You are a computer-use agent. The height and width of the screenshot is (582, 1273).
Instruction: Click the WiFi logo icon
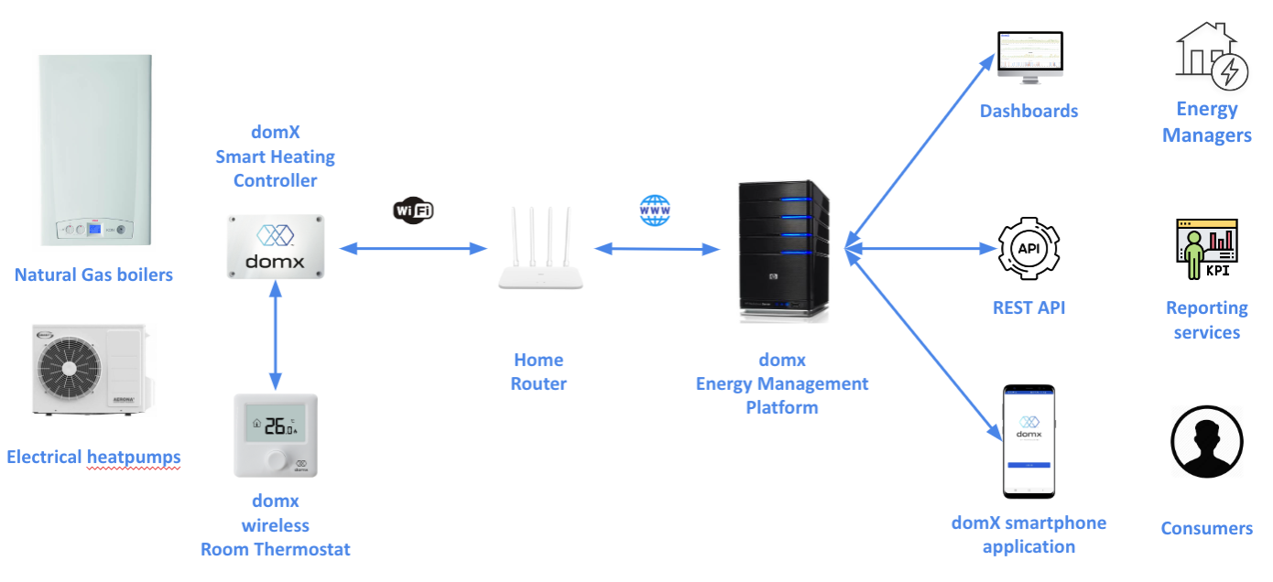click(x=413, y=210)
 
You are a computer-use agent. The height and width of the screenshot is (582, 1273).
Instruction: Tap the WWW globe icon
click(x=655, y=210)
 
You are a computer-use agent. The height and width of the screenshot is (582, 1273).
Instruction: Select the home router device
click(x=539, y=252)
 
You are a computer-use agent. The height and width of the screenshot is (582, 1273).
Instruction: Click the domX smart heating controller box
click(x=275, y=245)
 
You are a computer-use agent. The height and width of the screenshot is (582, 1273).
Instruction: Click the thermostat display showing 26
click(x=276, y=426)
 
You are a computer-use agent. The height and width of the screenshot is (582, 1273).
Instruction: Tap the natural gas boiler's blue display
click(x=94, y=229)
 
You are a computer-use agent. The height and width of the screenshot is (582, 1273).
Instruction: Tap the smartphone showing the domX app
click(x=1028, y=441)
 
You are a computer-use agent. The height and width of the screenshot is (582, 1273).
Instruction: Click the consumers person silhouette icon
click(x=1206, y=442)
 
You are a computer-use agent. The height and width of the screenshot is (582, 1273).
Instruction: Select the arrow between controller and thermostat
click(x=275, y=336)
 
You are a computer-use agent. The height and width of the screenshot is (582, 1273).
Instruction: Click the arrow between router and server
click(x=655, y=248)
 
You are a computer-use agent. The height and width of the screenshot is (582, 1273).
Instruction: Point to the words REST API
click(x=1029, y=308)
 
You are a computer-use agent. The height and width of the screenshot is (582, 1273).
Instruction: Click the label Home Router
click(x=539, y=372)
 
